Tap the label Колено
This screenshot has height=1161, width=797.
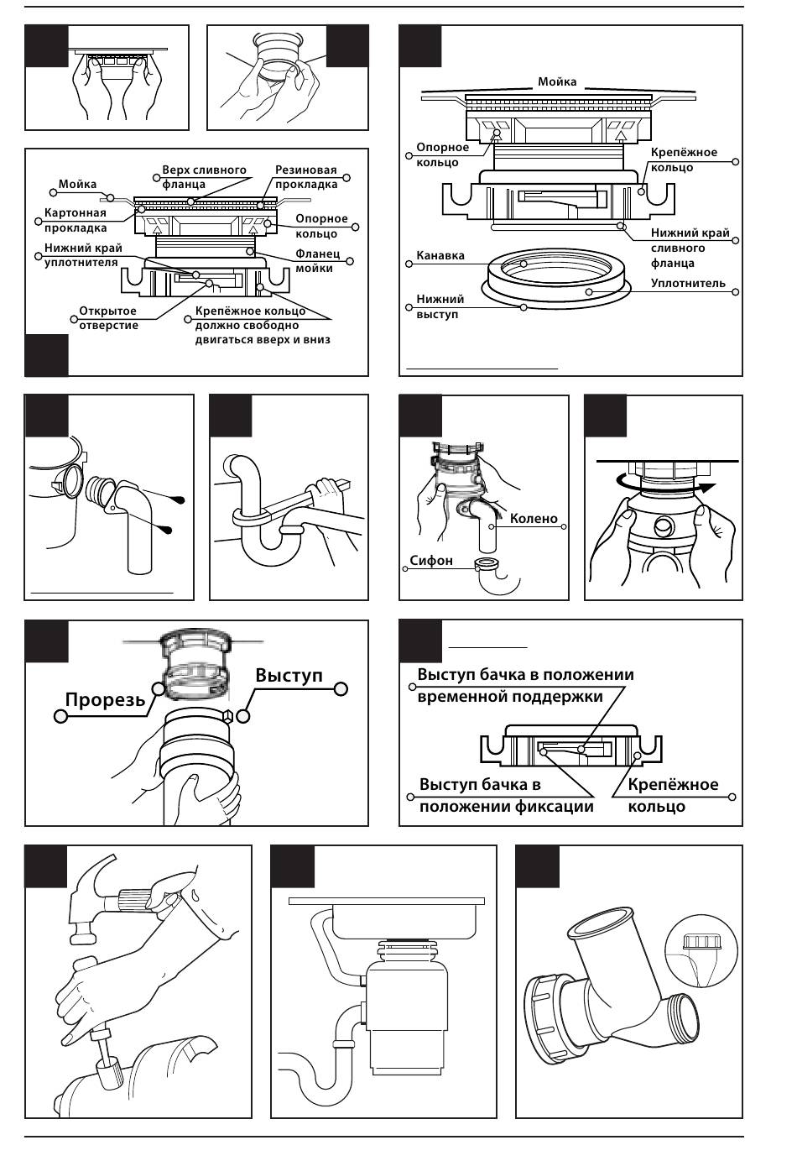(x=534, y=519)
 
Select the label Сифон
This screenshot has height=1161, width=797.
(x=431, y=560)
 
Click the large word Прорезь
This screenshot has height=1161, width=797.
(x=105, y=698)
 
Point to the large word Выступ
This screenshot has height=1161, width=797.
(x=289, y=675)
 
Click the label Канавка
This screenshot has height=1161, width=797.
(x=440, y=255)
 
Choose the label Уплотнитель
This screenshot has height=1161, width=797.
(x=688, y=284)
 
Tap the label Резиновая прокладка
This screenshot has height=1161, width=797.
(x=305, y=177)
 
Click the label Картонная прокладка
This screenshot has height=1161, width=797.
(x=76, y=220)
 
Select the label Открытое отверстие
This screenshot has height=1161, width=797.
(x=108, y=318)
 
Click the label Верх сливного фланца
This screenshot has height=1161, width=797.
(x=204, y=177)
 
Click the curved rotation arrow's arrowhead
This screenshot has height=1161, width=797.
(x=710, y=486)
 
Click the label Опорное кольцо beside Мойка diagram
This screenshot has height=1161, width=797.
(x=442, y=154)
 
